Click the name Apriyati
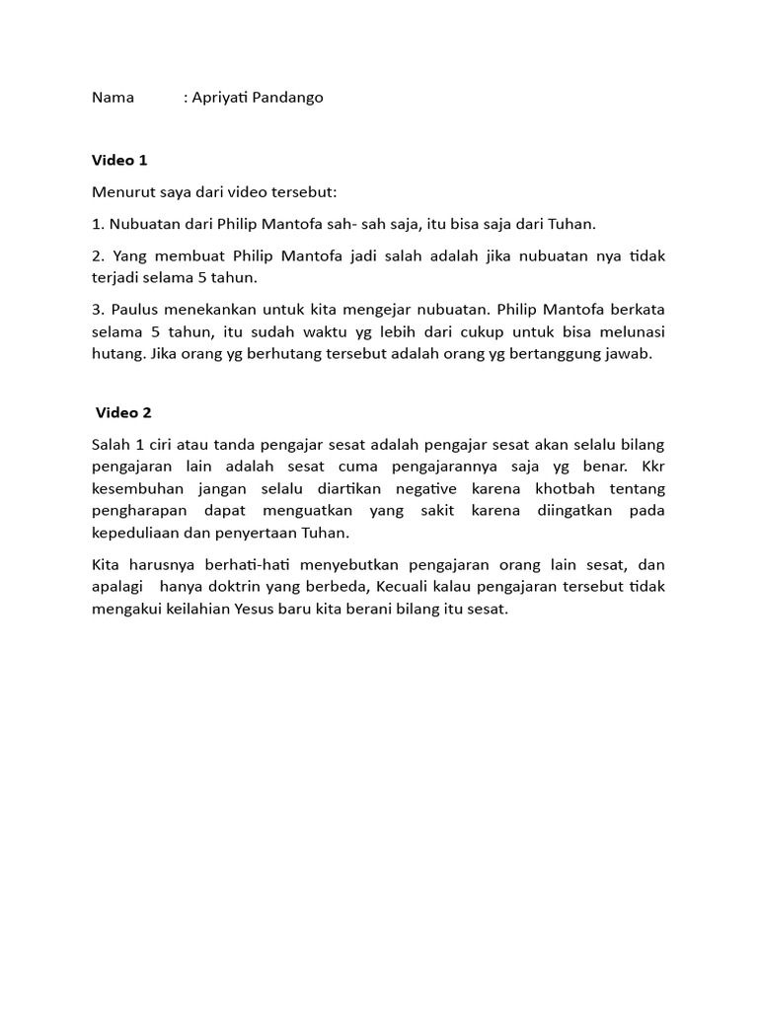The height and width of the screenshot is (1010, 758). pos(220,98)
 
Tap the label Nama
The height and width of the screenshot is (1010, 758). pos(113,98)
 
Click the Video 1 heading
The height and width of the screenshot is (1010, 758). pos(119,160)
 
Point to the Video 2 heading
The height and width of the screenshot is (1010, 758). pos(123,412)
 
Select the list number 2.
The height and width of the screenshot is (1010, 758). pos(97,255)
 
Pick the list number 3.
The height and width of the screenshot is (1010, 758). pos(97,310)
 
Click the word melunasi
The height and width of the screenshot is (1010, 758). pos(629,331)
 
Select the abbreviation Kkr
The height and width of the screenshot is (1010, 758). pos(653,467)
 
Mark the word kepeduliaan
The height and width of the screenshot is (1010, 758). pos(139,532)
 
